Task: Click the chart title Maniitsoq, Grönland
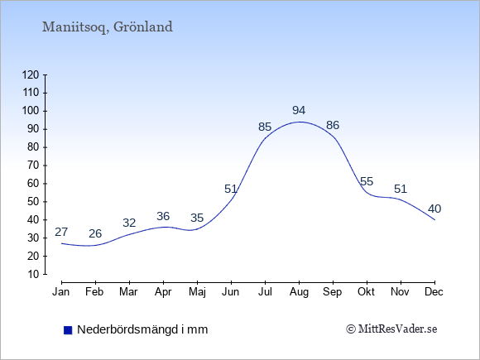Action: coord(108,27)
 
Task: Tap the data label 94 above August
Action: coord(299,110)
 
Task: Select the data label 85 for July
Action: coord(265,127)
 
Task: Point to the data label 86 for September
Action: coord(333,125)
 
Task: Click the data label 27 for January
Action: coord(61,232)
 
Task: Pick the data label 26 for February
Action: coord(95,233)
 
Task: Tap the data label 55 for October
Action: coord(367,181)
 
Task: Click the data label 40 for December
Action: coord(434,209)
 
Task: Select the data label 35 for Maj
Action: coord(197,218)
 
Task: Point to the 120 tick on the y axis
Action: coord(31,74)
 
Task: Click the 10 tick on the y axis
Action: coord(34,274)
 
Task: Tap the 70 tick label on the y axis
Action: coord(34,166)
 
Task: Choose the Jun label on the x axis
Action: coord(231,292)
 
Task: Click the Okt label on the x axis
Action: coord(366,292)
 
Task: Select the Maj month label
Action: coord(197,292)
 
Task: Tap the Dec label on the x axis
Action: coord(434,292)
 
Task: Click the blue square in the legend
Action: coord(68,330)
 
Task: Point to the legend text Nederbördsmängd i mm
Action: coord(142,329)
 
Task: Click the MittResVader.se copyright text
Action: coord(391,329)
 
